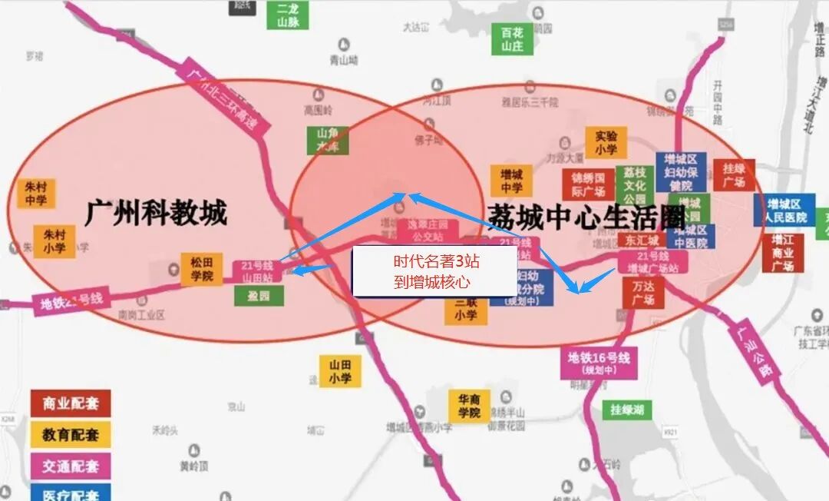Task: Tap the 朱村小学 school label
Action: tap(53, 241)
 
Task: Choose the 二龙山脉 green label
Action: tap(288, 15)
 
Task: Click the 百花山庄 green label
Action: tap(511, 40)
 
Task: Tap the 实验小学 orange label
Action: tap(606, 144)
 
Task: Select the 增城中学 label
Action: tap(511, 181)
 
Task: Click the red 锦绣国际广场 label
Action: tap(588, 184)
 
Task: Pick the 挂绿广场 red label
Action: tap(734, 175)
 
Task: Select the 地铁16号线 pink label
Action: tap(599, 363)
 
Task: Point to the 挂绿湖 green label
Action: tap(627, 410)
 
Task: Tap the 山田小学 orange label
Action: tap(339, 371)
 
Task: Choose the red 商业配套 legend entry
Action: tap(71, 403)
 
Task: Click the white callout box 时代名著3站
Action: tap(431, 272)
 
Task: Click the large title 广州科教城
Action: tap(155, 213)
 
